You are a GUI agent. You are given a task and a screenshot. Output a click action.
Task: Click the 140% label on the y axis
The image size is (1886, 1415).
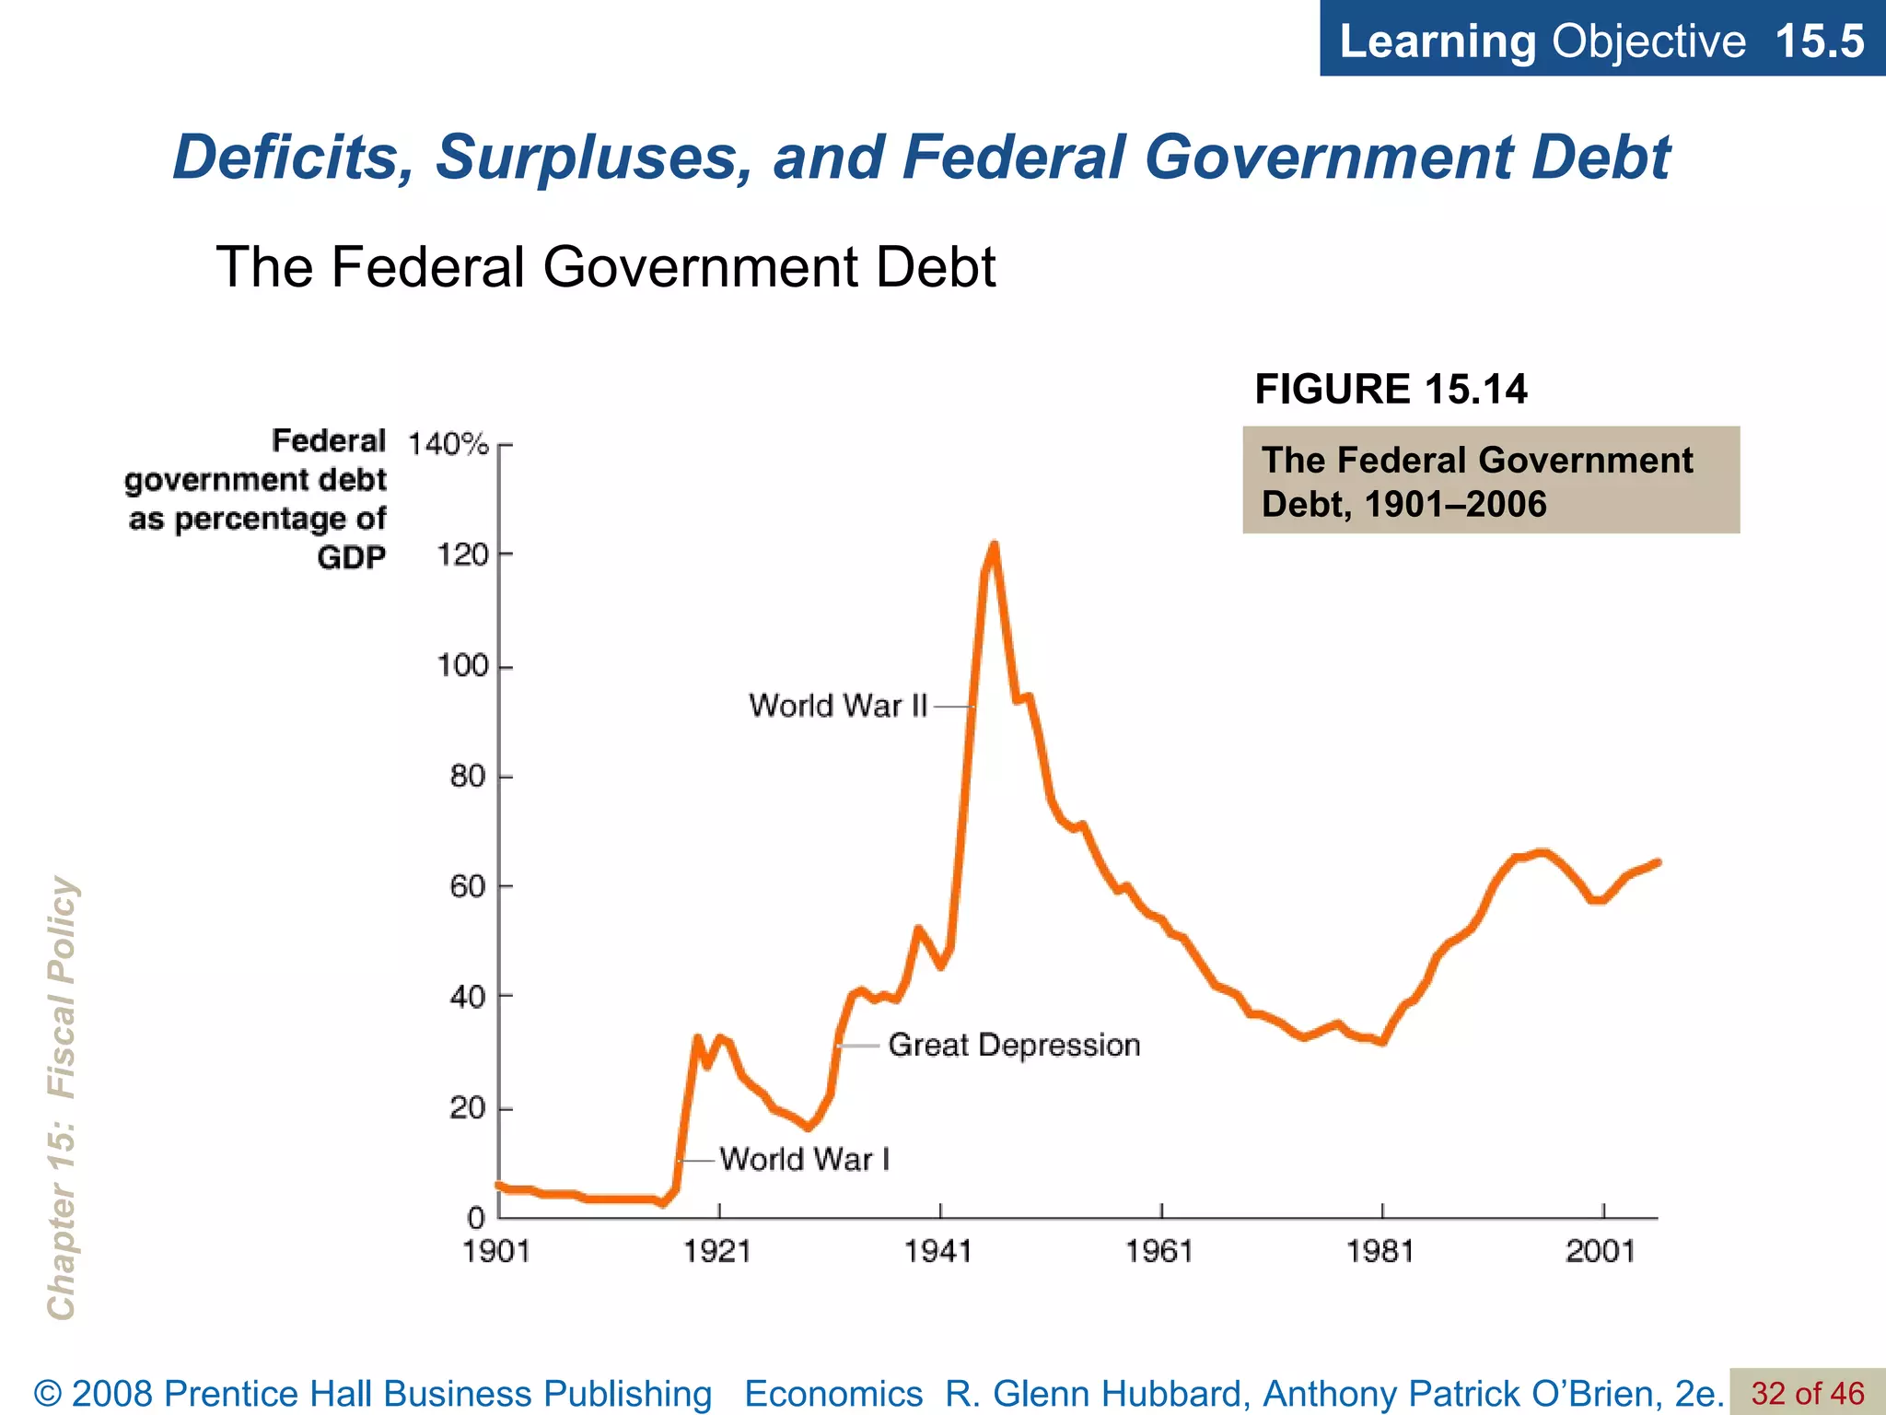(448, 444)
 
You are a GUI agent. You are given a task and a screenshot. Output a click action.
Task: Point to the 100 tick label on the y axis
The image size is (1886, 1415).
(462, 665)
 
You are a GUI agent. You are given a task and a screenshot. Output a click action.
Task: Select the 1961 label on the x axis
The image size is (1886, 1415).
(1159, 1251)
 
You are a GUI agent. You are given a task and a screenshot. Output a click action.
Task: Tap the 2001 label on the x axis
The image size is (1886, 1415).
(1601, 1251)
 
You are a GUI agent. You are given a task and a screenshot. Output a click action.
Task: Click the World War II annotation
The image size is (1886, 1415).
(837, 706)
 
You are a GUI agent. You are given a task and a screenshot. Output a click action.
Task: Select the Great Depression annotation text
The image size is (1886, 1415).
(1014, 1045)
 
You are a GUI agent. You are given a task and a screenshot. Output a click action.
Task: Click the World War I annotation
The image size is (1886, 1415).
(804, 1159)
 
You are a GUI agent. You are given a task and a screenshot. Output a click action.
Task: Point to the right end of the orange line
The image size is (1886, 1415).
(1658, 862)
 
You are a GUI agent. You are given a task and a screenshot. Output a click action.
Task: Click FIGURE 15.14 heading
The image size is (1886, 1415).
(1391, 389)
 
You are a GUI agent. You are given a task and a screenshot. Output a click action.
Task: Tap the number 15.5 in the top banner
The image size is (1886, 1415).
(1819, 41)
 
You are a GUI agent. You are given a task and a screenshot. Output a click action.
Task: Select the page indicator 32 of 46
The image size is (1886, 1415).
(1807, 1393)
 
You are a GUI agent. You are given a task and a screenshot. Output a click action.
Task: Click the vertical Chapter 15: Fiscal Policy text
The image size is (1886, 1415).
(62, 1096)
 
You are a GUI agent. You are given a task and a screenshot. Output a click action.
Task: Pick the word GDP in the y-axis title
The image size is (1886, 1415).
(351, 558)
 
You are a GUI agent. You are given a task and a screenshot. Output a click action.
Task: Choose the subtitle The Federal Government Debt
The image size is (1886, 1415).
(605, 267)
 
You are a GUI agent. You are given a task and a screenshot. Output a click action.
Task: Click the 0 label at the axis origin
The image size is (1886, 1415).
(476, 1218)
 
